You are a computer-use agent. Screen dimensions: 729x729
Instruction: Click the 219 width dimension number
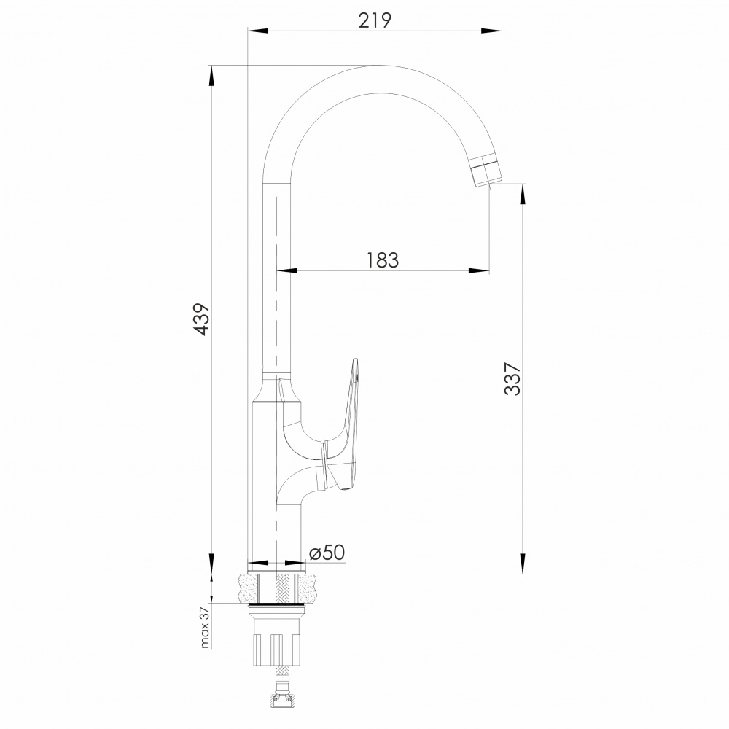pos(375,20)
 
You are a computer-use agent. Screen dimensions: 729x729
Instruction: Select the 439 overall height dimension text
pos(202,319)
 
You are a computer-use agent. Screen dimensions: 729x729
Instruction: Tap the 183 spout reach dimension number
pos(382,260)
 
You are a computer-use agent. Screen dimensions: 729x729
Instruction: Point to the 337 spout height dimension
pos(512,378)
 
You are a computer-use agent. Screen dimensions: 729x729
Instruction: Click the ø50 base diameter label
pos(327,553)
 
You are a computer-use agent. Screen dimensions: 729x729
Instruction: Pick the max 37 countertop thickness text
pos(205,627)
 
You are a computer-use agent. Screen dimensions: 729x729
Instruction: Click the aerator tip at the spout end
pos(487,171)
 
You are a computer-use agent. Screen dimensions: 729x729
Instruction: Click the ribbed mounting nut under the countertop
pos(276,649)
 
